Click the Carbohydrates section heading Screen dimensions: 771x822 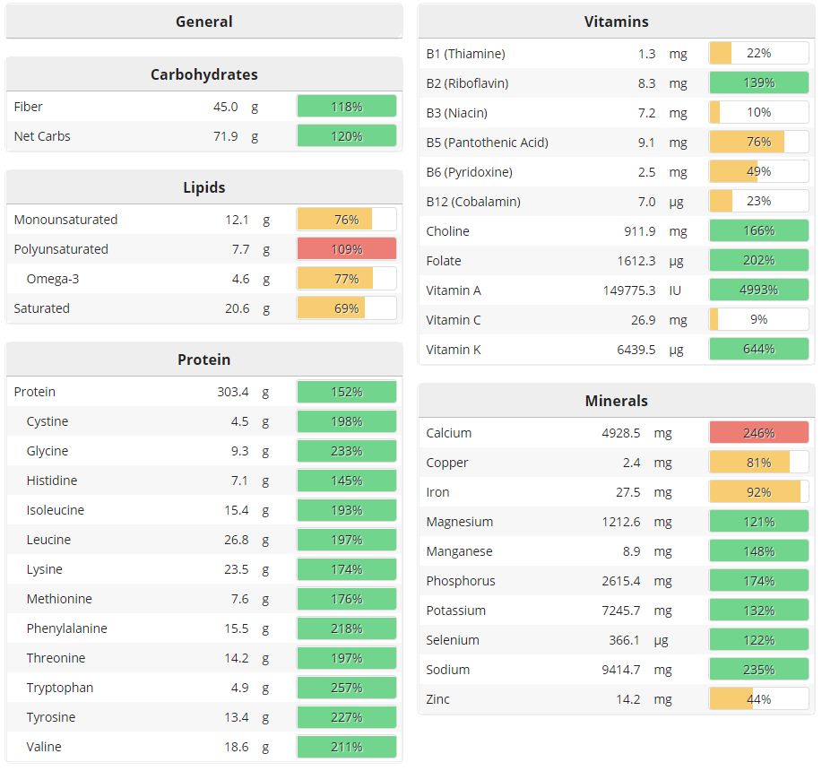point(204,74)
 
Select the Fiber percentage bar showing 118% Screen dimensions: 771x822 point(346,107)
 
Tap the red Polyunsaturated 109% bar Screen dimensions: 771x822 point(346,249)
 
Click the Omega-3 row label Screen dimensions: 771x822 point(53,279)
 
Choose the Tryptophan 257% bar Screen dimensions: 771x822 point(346,688)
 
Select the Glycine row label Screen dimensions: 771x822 point(47,451)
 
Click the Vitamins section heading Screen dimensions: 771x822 point(616,22)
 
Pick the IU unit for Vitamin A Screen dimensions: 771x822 point(676,290)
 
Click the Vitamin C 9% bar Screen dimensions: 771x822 point(758,320)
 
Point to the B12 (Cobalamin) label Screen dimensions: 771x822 point(472,202)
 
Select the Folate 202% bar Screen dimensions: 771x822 point(758,261)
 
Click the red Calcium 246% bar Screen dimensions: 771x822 point(758,433)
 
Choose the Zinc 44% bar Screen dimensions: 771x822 point(758,699)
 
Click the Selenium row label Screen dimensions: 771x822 point(453,640)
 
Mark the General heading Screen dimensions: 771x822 point(204,22)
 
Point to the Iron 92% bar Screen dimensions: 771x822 point(758,492)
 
